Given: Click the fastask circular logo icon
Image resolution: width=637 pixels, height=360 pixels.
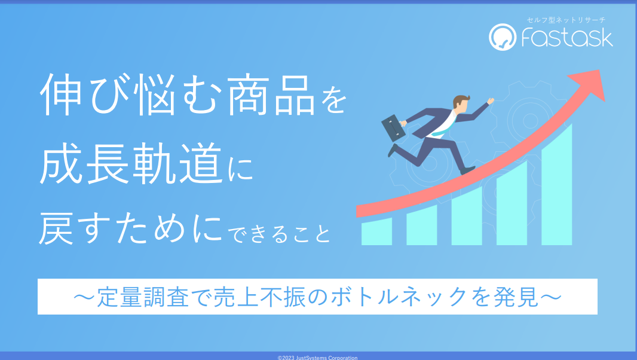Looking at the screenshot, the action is (503, 37).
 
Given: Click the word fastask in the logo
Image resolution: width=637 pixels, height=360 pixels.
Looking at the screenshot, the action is (567, 38).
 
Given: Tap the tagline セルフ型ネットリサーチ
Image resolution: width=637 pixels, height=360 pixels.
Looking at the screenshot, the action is (566, 20).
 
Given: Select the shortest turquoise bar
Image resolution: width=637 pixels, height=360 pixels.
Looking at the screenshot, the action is (376, 231).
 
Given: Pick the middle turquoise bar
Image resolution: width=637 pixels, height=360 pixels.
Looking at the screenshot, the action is (467, 216).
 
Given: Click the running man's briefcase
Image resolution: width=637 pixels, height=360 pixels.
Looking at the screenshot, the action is (393, 128).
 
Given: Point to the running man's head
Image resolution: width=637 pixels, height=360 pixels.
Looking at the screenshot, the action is (461, 104).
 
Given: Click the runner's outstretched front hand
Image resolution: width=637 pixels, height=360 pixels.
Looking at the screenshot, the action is (491, 101).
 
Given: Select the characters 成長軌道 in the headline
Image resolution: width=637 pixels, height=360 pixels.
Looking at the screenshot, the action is (131, 163).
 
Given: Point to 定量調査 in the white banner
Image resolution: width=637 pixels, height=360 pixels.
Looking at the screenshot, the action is (143, 297).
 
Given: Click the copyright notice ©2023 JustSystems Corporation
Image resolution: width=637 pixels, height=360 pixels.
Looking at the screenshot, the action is (318, 358).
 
